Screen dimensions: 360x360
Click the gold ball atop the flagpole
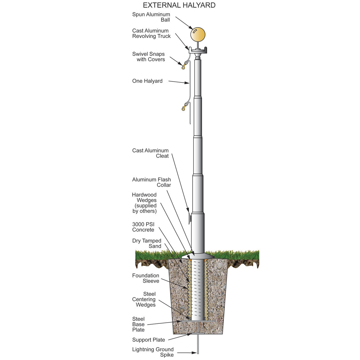[198, 35]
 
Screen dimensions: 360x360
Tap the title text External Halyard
[179, 5]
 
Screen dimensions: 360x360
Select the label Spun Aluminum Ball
[151, 17]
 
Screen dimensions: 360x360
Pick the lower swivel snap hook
[184, 107]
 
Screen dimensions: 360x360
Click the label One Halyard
[147, 81]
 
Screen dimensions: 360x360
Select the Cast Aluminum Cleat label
[150, 153]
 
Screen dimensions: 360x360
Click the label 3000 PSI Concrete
[143, 227]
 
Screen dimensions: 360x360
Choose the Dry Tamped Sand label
[147, 243]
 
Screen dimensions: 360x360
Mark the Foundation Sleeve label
[146, 278]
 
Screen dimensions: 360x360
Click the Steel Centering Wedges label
[144, 299]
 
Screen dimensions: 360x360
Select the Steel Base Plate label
[139, 324]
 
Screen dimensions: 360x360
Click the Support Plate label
[148, 340]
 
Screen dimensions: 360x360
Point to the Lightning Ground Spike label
[153, 352]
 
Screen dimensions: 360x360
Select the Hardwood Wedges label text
[145, 203]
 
